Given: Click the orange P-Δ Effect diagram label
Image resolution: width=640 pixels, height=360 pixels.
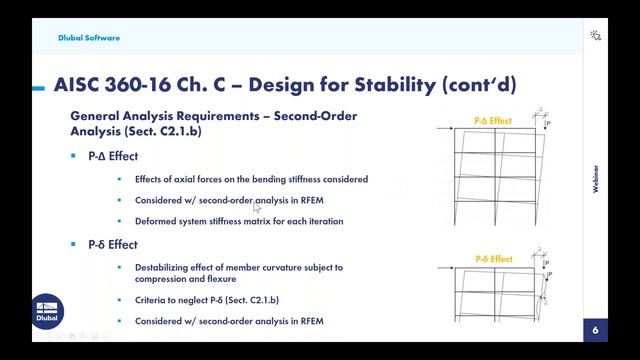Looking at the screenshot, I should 492,121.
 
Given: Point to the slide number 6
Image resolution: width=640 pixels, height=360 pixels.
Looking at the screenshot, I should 595,330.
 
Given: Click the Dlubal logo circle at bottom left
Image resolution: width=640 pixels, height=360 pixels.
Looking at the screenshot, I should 48,311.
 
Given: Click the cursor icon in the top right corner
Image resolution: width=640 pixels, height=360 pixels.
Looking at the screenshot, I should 596,35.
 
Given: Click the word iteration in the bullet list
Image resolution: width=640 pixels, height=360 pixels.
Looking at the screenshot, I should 324,221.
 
